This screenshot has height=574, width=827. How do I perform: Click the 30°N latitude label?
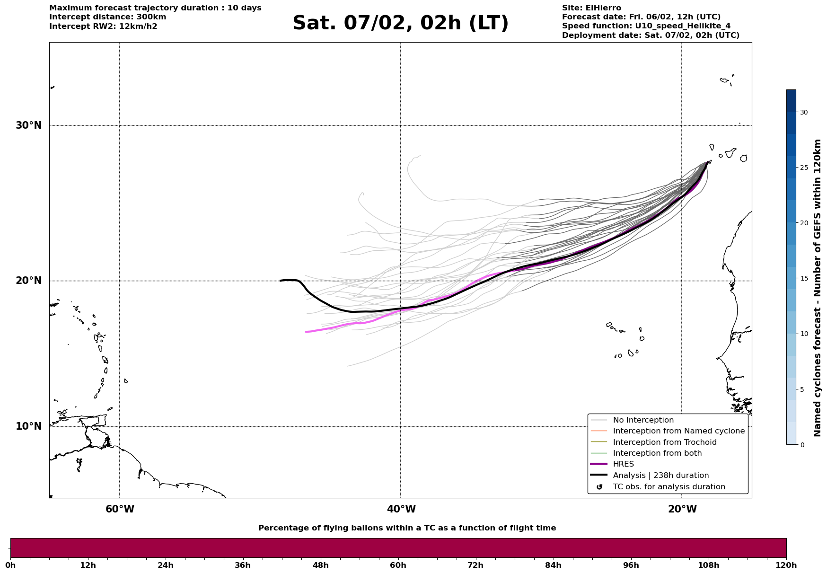pyautogui.click(x=28, y=125)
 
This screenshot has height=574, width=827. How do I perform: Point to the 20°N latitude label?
pyautogui.click(x=28, y=281)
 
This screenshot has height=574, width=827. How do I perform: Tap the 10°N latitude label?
pyautogui.click(x=28, y=426)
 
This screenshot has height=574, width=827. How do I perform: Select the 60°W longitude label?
pyautogui.click(x=120, y=509)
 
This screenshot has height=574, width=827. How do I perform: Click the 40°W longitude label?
pyautogui.click(x=401, y=509)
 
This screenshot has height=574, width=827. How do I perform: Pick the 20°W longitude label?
pyautogui.click(x=682, y=509)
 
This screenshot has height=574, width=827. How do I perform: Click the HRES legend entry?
pyautogui.click(x=623, y=464)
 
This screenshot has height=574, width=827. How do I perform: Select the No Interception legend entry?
pyautogui.click(x=643, y=420)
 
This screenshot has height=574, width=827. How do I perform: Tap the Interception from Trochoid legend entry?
pyautogui.click(x=664, y=442)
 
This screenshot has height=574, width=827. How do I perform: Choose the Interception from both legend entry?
pyautogui.click(x=657, y=453)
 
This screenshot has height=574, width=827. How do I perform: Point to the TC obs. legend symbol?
pyautogui.click(x=599, y=487)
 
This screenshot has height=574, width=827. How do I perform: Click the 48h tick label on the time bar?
pyautogui.click(x=321, y=565)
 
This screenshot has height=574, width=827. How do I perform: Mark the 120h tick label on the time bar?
pyautogui.click(x=786, y=565)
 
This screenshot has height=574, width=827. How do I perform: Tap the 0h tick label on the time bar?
pyautogui.click(x=10, y=565)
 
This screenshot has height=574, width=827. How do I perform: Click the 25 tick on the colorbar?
pyautogui.click(x=804, y=168)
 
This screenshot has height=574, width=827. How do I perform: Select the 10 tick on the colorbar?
pyautogui.click(x=804, y=334)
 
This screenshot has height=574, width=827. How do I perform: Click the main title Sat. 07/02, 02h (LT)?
pyautogui.click(x=400, y=23)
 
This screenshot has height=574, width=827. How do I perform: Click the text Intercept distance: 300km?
pyautogui.click(x=107, y=17)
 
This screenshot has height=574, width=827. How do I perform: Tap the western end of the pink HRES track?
pyautogui.click(x=307, y=332)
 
